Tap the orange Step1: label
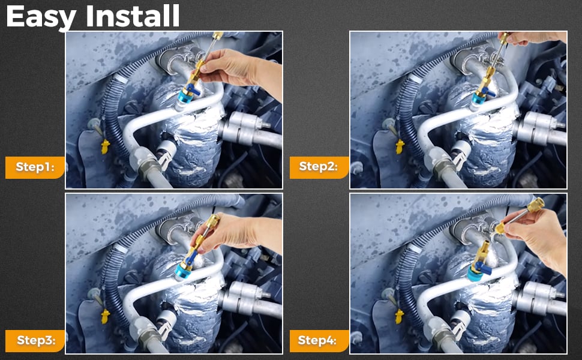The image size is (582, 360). pyautogui.click(x=35, y=167)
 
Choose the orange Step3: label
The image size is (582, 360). pyautogui.click(x=35, y=341)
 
